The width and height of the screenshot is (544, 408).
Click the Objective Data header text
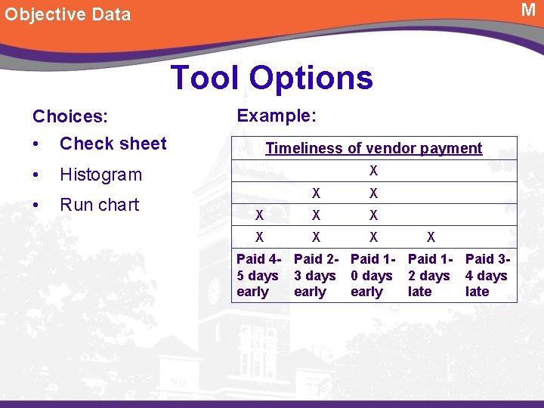(x=68, y=14)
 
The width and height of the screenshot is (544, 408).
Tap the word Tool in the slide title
(x=205, y=78)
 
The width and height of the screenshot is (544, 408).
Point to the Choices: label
(x=70, y=116)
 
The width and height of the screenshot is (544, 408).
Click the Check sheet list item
(x=113, y=144)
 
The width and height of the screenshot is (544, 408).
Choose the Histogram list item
(x=100, y=175)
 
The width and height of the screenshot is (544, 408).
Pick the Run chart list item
(x=99, y=205)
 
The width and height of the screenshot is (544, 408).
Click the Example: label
(x=277, y=116)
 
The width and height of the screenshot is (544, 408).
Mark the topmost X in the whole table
(x=373, y=172)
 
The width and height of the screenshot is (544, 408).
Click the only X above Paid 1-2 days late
(x=431, y=237)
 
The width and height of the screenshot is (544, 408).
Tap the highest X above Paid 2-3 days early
(x=317, y=193)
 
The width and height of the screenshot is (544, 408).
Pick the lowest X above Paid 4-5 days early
(x=259, y=237)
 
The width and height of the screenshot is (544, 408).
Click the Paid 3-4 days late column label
(x=487, y=276)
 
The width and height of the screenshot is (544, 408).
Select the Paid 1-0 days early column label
(x=372, y=276)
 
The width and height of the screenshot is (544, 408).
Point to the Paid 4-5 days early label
(x=258, y=276)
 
